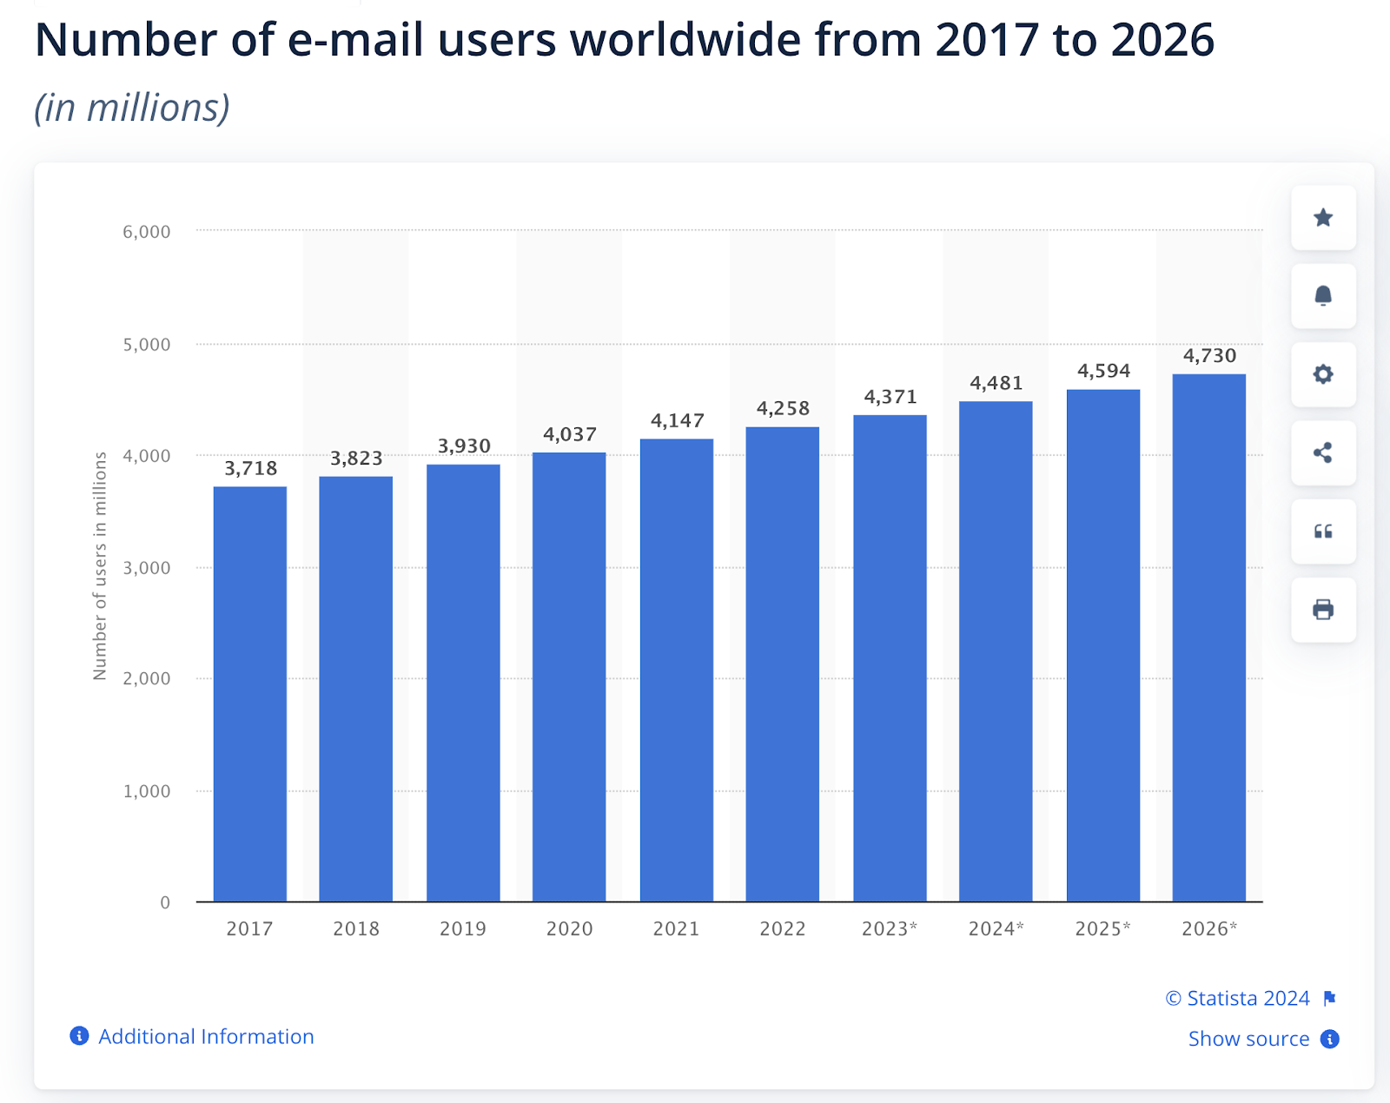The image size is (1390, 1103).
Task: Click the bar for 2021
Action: (677, 670)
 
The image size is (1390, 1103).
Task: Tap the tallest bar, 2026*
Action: (1208, 637)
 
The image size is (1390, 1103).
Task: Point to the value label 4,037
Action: (570, 434)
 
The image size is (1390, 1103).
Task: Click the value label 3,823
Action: (356, 459)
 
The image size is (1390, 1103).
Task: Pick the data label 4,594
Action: (1103, 371)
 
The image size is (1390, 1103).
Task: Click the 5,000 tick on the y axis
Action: (147, 345)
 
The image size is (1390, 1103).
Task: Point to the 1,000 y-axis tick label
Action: (147, 791)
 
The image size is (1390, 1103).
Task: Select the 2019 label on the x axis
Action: (463, 928)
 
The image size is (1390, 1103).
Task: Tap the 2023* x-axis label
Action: (890, 928)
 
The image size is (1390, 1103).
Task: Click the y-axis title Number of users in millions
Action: (100, 565)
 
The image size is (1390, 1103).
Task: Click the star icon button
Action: (1323, 217)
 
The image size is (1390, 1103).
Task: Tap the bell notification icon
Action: (1323, 296)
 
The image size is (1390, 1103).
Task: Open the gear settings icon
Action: (1323, 374)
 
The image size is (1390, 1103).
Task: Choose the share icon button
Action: (1323, 452)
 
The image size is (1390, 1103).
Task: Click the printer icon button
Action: (1323, 610)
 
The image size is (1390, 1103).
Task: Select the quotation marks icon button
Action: (1323, 532)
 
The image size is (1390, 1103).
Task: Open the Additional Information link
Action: (205, 1036)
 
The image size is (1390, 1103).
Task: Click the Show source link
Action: (1248, 1039)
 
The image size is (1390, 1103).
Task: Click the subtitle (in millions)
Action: (132, 108)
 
